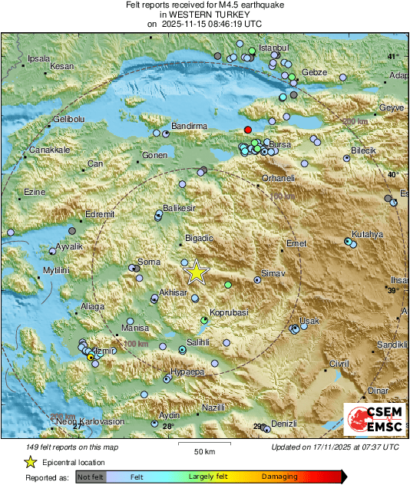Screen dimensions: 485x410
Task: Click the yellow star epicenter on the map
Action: [x=197, y=272]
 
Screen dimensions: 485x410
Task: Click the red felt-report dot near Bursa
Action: [x=247, y=129]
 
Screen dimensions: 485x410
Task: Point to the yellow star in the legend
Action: [x=30, y=462]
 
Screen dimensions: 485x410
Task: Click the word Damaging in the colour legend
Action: [x=279, y=477]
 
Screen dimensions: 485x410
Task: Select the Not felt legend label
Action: [x=91, y=477]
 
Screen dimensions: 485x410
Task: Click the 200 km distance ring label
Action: [x=354, y=122]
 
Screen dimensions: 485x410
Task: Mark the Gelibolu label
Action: [x=68, y=120]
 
